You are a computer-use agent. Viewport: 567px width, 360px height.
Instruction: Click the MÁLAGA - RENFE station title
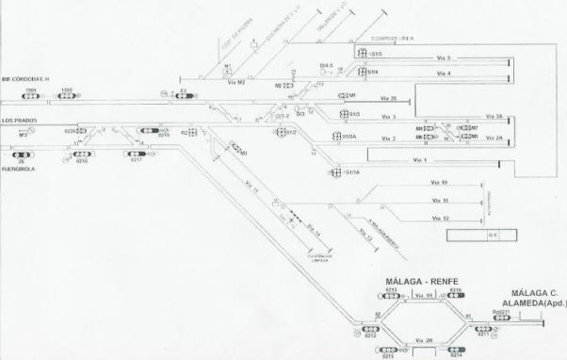point(422,281)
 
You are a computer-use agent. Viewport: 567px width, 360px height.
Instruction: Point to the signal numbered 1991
point(31,95)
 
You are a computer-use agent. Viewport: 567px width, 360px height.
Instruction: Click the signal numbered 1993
point(66,95)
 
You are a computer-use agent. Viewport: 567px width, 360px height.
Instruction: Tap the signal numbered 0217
point(136,154)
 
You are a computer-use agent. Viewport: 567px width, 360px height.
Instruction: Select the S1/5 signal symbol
point(362,57)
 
